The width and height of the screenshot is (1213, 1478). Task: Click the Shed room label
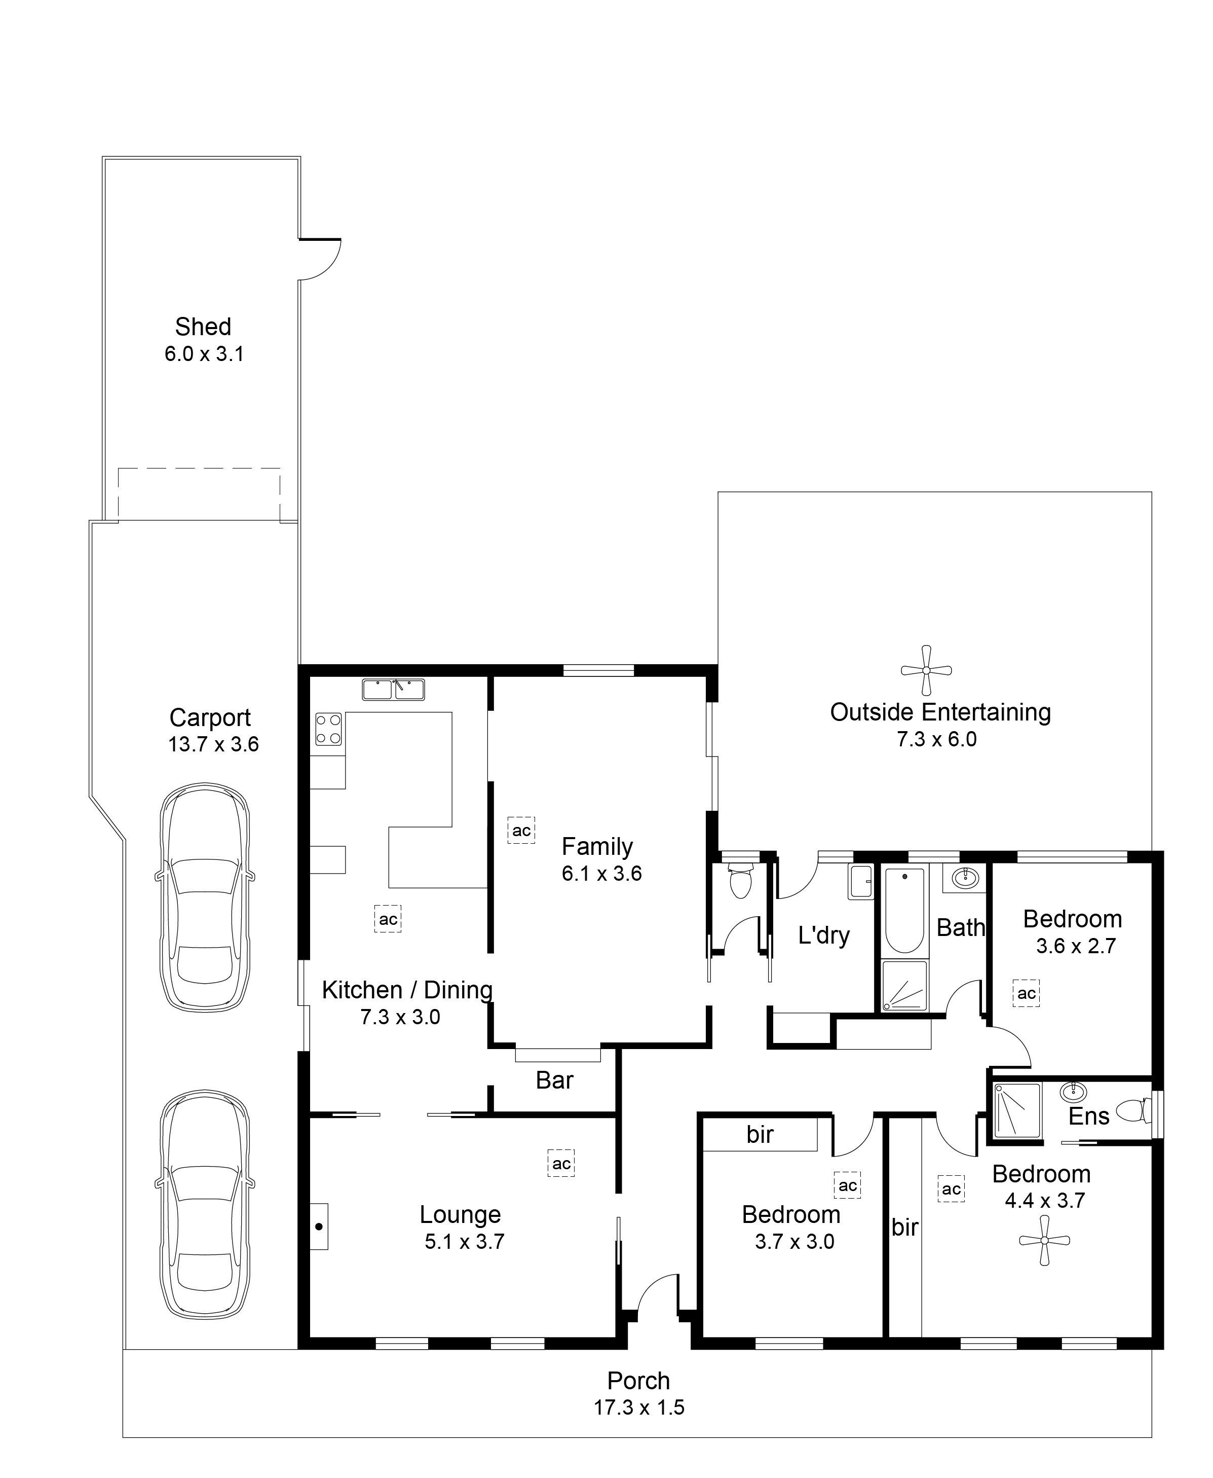click(203, 327)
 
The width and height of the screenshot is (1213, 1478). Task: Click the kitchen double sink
click(393, 690)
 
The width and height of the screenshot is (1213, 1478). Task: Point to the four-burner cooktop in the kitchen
click(328, 729)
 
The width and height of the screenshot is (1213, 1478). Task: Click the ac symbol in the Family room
click(521, 831)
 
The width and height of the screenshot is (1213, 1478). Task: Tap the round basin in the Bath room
click(966, 878)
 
